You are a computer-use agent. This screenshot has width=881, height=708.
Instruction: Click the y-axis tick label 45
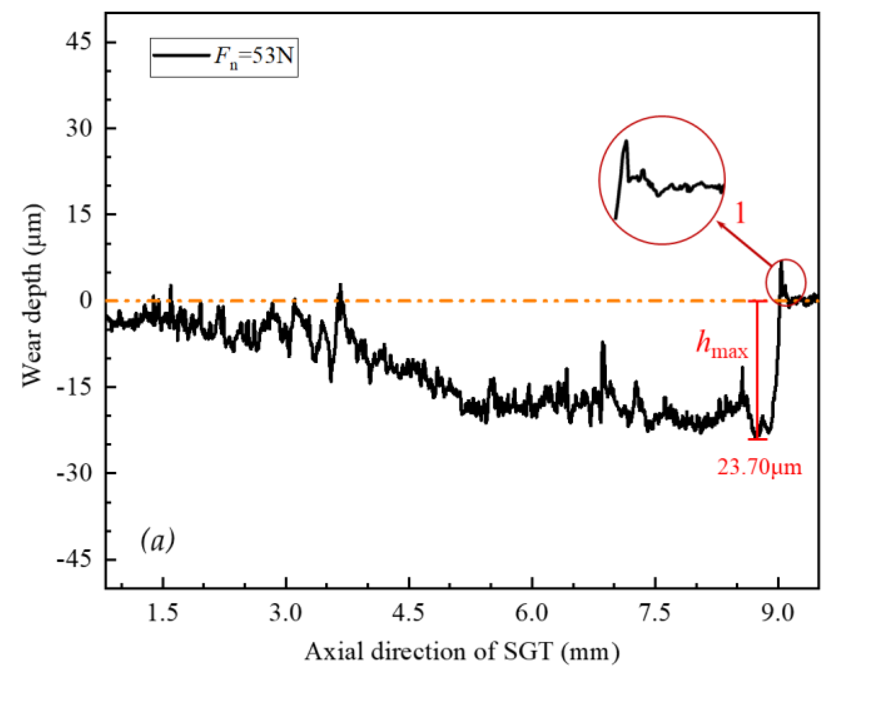[78, 42]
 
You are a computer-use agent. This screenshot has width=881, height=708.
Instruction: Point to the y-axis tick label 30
[78, 128]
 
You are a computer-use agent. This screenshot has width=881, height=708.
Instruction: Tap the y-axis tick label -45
[74, 559]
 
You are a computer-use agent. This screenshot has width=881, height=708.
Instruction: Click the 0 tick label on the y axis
[86, 300]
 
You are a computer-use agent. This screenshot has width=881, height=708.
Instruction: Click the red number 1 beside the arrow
[740, 213]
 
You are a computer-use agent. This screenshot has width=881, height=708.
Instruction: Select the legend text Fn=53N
[253, 56]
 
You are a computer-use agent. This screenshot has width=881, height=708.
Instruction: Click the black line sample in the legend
[181, 55]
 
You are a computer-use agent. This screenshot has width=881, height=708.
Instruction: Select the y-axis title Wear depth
[33, 296]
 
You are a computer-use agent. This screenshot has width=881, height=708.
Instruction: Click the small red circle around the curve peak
[786, 283]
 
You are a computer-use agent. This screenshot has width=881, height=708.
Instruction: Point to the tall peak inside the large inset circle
[626, 144]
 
